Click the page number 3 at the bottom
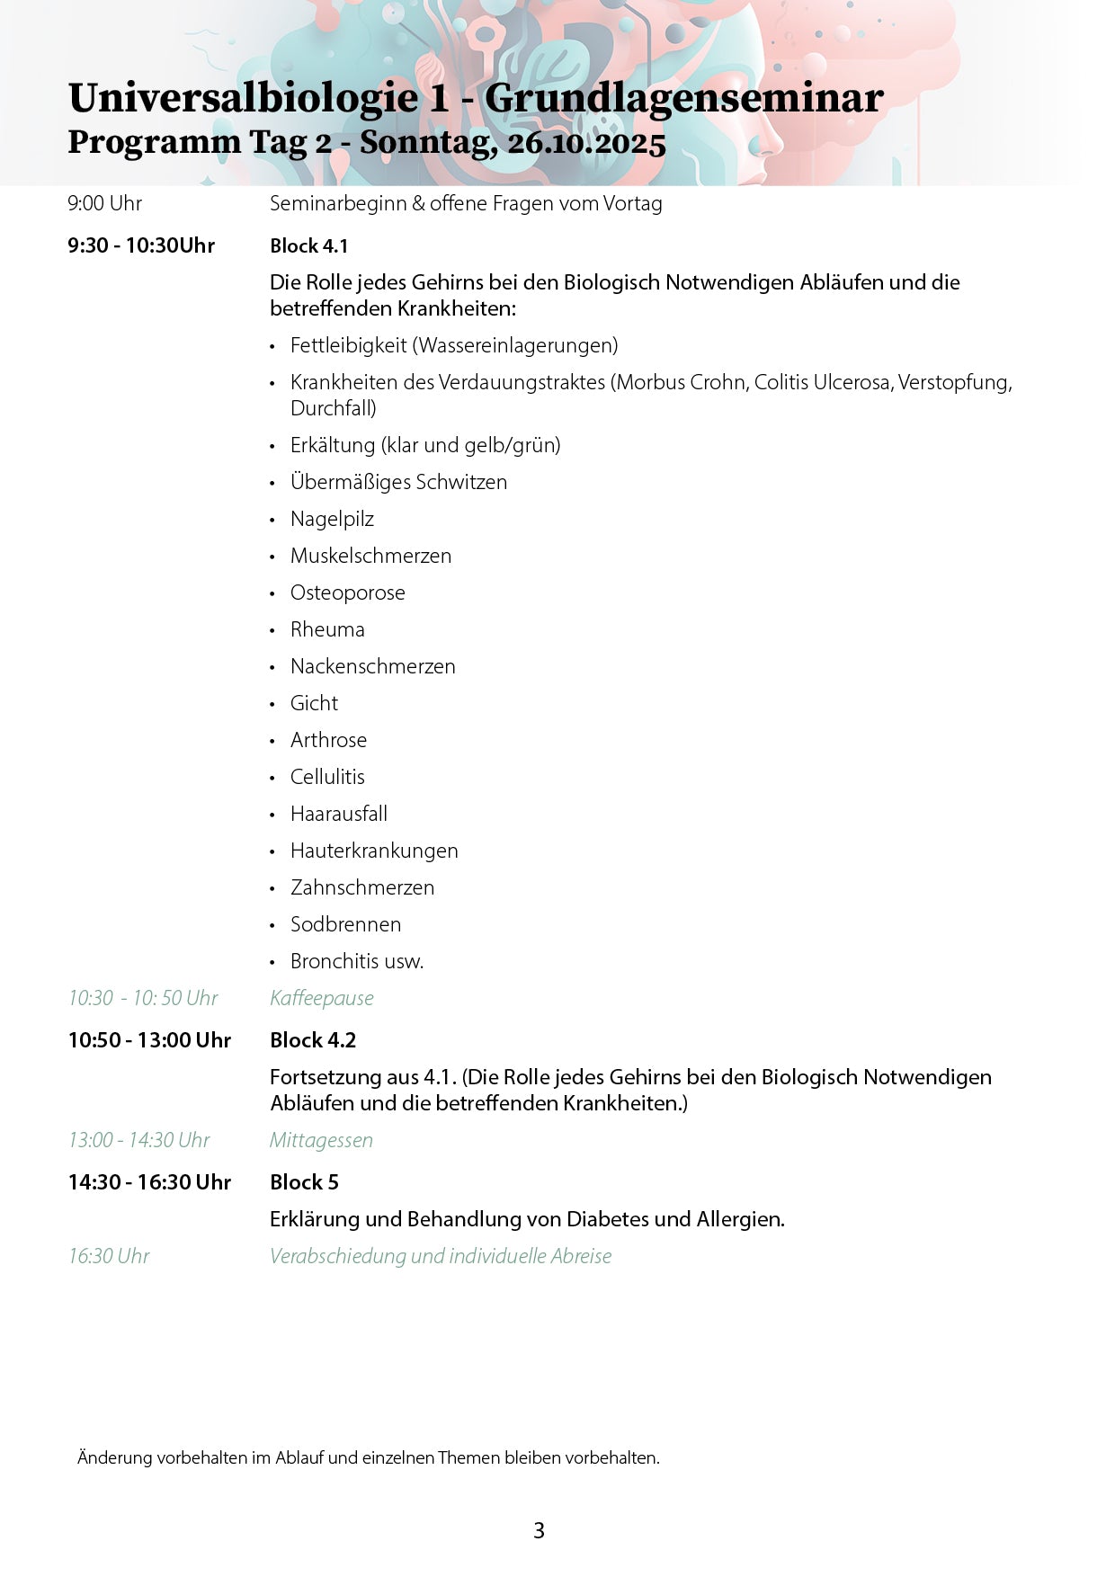pyautogui.click(x=539, y=1530)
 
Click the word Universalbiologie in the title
pyautogui.click(x=243, y=99)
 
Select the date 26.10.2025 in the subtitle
pyautogui.click(x=586, y=144)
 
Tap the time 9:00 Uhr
pyautogui.click(x=104, y=203)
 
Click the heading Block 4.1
pyautogui.click(x=308, y=246)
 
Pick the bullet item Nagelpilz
pyautogui.click(x=332, y=519)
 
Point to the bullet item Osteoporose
pyautogui.click(x=347, y=592)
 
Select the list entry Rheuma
pyautogui.click(x=327, y=629)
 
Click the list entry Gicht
pyautogui.click(x=314, y=703)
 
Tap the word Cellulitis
pyautogui.click(x=327, y=777)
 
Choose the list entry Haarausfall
pyautogui.click(x=338, y=814)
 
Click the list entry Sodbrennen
pyautogui.click(x=345, y=924)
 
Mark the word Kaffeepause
pyautogui.click(x=321, y=998)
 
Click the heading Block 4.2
pyautogui.click(x=313, y=1040)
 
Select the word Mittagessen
pyautogui.click(x=321, y=1140)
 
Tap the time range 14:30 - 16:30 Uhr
pyautogui.click(x=149, y=1182)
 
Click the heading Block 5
pyautogui.click(x=304, y=1182)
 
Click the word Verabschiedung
pyautogui.click(x=337, y=1256)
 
